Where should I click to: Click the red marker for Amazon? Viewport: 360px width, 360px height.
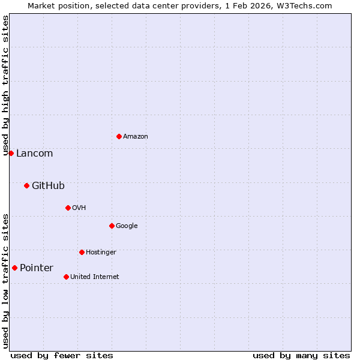coord(119,136)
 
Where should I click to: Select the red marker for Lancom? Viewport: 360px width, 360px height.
coord(11,153)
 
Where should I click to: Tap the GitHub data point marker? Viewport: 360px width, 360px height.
coord(26,185)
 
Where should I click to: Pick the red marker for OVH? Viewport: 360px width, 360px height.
coord(68,208)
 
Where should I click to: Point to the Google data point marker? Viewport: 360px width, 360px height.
coord(112,226)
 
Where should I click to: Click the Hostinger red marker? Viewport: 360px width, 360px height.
coord(82,252)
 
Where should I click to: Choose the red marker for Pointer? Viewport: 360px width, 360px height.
coord(14,268)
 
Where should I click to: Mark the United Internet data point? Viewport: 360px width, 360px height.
coord(66,277)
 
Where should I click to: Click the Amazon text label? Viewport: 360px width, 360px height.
coord(136,137)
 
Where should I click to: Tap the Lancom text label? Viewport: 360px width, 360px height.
coord(34,154)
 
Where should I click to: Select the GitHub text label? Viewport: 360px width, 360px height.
coord(48,186)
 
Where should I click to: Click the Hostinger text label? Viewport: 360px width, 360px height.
coord(101,253)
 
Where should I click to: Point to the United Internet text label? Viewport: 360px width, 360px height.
coord(94,277)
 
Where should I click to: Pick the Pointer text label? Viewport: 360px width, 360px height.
coord(37,268)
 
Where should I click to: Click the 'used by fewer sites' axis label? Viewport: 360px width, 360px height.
coord(62,355)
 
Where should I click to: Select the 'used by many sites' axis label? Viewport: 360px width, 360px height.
coord(301,355)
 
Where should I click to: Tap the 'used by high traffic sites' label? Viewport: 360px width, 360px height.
coord(5,86)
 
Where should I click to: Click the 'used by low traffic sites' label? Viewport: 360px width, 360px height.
coord(5,281)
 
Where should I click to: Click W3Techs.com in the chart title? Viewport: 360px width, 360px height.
coord(306,5)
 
